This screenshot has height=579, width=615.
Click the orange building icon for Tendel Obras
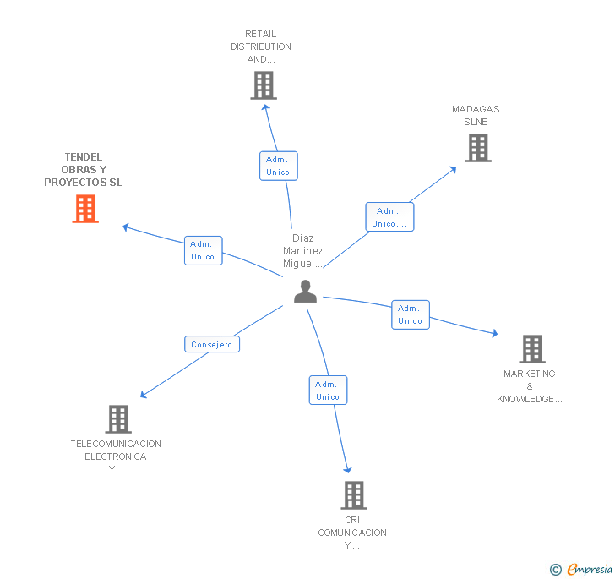[x=85, y=209]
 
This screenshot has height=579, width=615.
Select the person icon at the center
[x=305, y=292]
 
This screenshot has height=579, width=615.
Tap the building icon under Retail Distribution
[x=264, y=85]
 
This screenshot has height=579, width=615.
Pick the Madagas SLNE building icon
[x=478, y=148]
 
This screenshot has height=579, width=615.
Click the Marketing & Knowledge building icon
[x=532, y=349]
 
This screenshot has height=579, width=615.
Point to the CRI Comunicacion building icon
[x=354, y=495]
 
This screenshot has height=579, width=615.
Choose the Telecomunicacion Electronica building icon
[x=118, y=419]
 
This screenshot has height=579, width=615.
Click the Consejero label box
[x=212, y=344]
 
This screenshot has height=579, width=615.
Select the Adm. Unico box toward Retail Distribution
[x=279, y=166]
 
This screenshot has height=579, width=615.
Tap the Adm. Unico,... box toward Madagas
[x=389, y=216]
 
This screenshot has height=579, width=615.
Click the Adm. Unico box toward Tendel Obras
[x=203, y=250]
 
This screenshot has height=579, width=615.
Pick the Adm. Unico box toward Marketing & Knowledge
[x=411, y=314]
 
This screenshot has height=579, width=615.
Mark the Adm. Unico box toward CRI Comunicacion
[x=328, y=391]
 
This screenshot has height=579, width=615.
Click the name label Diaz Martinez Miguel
[x=302, y=251]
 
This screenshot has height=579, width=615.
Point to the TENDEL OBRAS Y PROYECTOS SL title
[x=83, y=170]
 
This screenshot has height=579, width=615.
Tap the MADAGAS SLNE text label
[x=476, y=116]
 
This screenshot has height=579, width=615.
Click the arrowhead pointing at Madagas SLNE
[x=453, y=170]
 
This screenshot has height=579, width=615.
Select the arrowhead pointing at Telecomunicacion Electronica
[x=144, y=395]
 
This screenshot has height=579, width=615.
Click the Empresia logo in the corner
[x=590, y=569]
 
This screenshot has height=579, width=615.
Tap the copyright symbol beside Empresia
[x=555, y=569]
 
